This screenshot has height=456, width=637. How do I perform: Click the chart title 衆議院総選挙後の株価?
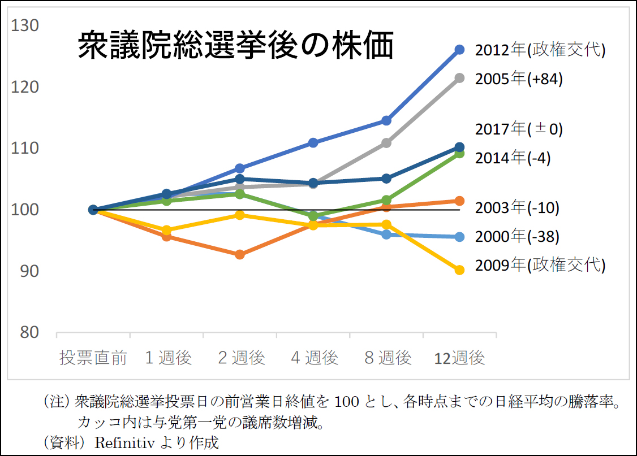tap(235, 46)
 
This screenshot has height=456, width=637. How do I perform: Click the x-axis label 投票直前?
tap(94, 358)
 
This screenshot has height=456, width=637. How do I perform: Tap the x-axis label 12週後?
tap(459, 358)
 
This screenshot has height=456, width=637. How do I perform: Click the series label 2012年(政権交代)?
tap(540, 50)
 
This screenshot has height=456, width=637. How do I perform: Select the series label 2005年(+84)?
tap(519, 79)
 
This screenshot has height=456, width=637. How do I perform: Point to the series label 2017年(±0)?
tap(519, 129)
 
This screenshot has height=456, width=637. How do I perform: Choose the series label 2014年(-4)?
tap(513, 158)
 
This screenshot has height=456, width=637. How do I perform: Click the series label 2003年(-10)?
tap(517, 208)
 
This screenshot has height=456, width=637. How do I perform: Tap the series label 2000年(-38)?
tap(517, 237)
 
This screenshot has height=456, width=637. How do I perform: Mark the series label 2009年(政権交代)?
tap(540, 265)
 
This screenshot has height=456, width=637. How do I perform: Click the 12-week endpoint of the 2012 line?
tap(459, 50)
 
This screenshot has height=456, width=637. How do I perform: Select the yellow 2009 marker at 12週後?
tap(459, 270)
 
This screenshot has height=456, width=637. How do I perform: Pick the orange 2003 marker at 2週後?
tap(240, 254)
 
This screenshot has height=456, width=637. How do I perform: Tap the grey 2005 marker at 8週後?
tap(386, 143)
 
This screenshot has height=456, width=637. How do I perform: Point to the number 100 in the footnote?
tap(345, 403)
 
